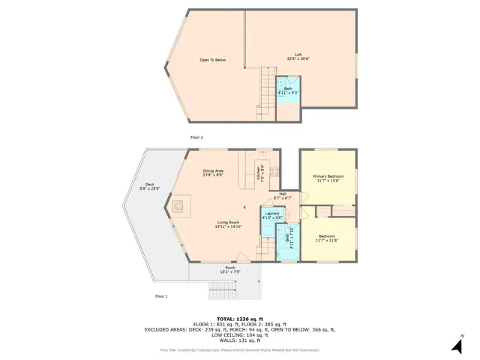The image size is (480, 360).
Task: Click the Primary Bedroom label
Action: pos(327,176)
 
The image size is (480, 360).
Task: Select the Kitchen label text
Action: pos(259,171)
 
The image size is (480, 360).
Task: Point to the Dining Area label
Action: pos(213,172)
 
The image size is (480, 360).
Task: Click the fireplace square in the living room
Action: pos(180,205)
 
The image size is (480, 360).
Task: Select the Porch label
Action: pos(229,268)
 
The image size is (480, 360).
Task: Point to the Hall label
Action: pos(283,193)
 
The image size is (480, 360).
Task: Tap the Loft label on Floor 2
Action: pos(298,55)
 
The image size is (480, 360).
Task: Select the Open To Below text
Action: pos(212,60)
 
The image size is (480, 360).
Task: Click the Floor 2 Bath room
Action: pos(288,91)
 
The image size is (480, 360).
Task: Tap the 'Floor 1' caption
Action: pos(161,296)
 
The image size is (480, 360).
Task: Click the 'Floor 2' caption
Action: pos(196,137)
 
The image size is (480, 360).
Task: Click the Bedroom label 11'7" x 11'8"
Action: pos(327,238)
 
